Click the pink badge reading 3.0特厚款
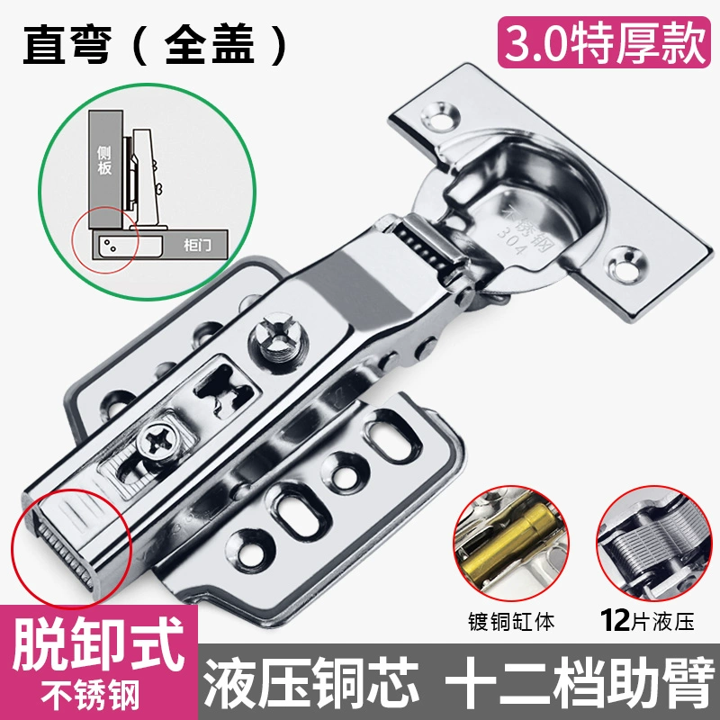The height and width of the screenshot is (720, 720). click(x=604, y=42)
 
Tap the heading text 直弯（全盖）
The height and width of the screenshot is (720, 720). click(x=155, y=44)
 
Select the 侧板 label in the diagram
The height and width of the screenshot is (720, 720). click(x=104, y=160)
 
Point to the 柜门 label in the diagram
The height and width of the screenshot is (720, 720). click(x=197, y=245)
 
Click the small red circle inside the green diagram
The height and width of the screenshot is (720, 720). click(x=105, y=239)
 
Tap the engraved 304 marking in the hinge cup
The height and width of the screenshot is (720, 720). click(x=510, y=241)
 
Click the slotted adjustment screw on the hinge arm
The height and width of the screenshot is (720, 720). click(x=279, y=340)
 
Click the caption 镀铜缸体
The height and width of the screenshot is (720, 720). click(x=511, y=622)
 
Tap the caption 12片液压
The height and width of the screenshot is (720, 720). click(x=647, y=620)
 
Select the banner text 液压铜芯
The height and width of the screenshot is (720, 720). click(x=311, y=682)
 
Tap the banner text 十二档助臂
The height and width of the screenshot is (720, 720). click(x=580, y=682)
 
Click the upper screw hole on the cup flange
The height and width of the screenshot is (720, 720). click(x=440, y=115)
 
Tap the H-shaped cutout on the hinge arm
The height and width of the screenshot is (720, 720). click(x=223, y=390)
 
